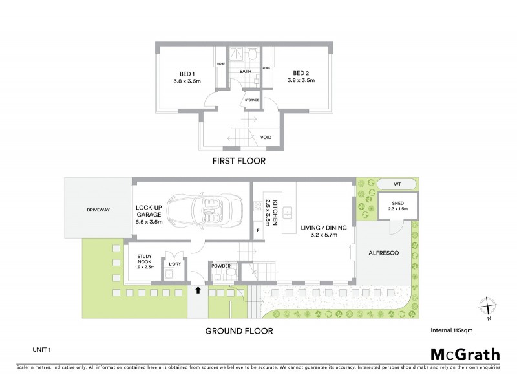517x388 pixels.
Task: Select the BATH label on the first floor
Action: (246, 71)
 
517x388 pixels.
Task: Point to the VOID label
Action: (266, 138)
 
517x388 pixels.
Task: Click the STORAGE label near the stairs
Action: (251, 100)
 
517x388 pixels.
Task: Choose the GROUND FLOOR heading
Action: (239, 330)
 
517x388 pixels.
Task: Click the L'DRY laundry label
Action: (174, 264)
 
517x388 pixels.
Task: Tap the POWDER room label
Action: (221, 266)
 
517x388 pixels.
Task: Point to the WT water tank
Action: (397, 184)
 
